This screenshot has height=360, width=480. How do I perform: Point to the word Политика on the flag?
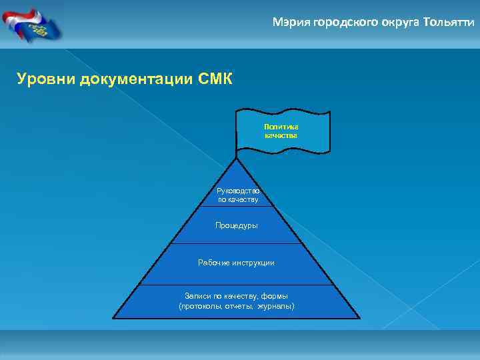tap(281, 126)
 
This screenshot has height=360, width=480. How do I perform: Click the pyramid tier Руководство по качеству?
tap(237, 195)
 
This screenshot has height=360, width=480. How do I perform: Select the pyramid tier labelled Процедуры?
tap(237, 225)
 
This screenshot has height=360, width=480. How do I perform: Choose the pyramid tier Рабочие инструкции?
tap(237, 263)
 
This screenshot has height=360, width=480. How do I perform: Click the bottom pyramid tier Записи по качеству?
tap(237, 301)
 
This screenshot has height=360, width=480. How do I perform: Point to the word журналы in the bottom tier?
tap(275, 306)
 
